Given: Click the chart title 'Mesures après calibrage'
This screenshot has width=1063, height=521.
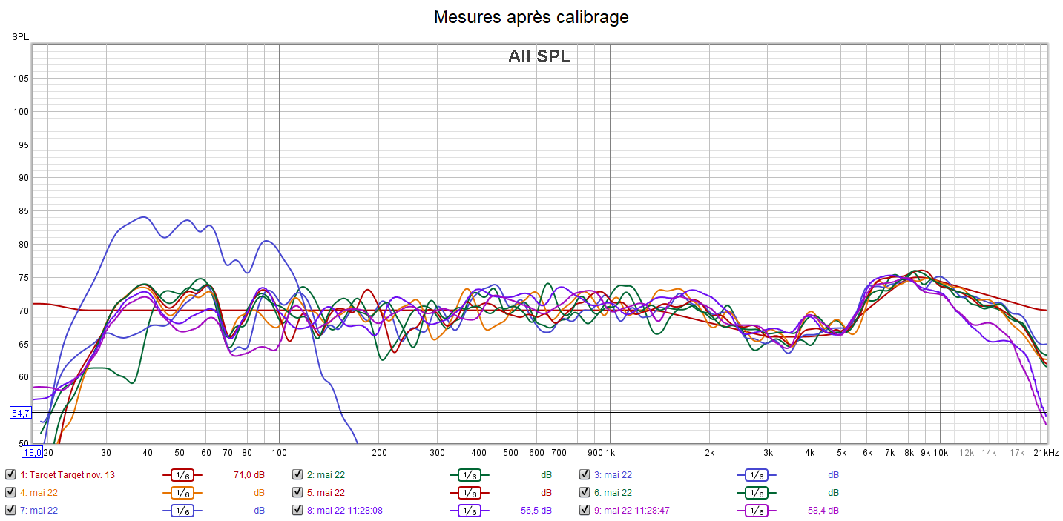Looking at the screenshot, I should click(x=531, y=17).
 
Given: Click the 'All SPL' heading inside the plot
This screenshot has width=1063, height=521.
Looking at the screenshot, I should click(x=539, y=56).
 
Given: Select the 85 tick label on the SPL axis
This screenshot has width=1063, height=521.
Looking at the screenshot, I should click(x=22, y=211).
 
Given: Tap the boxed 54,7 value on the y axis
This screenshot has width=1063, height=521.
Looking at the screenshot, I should click(x=20, y=412).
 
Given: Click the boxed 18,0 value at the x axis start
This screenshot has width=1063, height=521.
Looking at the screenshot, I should click(x=32, y=452).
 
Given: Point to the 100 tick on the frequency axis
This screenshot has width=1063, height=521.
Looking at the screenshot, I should click(x=279, y=452).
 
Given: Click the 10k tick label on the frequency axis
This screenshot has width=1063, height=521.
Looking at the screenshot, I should click(x=940, y=452).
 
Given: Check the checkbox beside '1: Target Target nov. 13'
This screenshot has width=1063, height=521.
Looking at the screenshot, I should click(x=10, y=475).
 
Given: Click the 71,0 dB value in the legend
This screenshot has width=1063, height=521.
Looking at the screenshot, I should click(x=249, y=475).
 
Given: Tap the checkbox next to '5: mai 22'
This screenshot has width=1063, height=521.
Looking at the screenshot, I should click(x=297, y=493).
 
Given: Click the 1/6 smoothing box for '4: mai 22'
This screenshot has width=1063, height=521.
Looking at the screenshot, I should click(x=182, y=493).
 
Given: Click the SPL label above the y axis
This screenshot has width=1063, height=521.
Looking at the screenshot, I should click(x=20, y=36).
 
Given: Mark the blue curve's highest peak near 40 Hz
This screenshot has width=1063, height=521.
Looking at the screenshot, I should click(x=144, y=217).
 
